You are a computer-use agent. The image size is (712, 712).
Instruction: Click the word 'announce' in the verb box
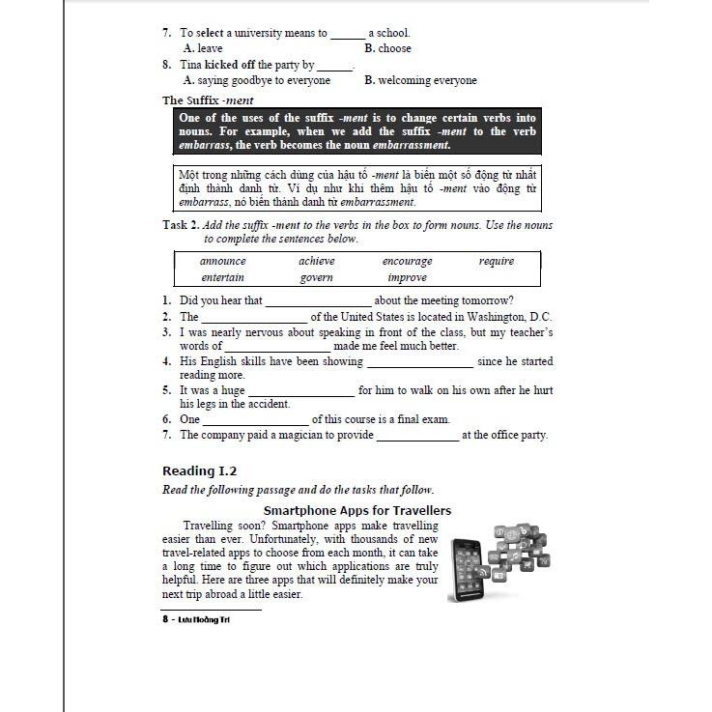[222, 261]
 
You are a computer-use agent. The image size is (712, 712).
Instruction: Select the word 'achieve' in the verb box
[317, 261]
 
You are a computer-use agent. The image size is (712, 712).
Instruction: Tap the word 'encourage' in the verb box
[407, 261]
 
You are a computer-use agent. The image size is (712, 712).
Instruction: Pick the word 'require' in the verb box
[496, 261]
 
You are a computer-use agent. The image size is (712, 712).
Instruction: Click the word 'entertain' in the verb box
[222, 277]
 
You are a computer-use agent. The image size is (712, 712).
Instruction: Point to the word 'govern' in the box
[316, 277]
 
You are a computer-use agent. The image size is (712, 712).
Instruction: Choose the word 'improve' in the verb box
[407, 277]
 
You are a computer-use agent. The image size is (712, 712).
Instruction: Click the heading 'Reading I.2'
[199, 470]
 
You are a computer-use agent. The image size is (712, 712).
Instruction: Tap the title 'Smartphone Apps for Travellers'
[357, 510]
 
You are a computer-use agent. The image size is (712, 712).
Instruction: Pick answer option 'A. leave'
[203, 48]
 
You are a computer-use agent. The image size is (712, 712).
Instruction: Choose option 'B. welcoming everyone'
[420, 80]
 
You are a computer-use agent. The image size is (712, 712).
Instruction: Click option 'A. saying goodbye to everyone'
[257, 80]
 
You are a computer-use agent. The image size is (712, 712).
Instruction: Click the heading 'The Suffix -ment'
[208, 100]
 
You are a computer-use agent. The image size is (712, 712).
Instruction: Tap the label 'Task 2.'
[181, 225]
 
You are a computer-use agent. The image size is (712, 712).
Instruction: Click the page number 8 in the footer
[165, 619]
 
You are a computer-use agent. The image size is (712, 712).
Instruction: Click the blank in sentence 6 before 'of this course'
[255, 420]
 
